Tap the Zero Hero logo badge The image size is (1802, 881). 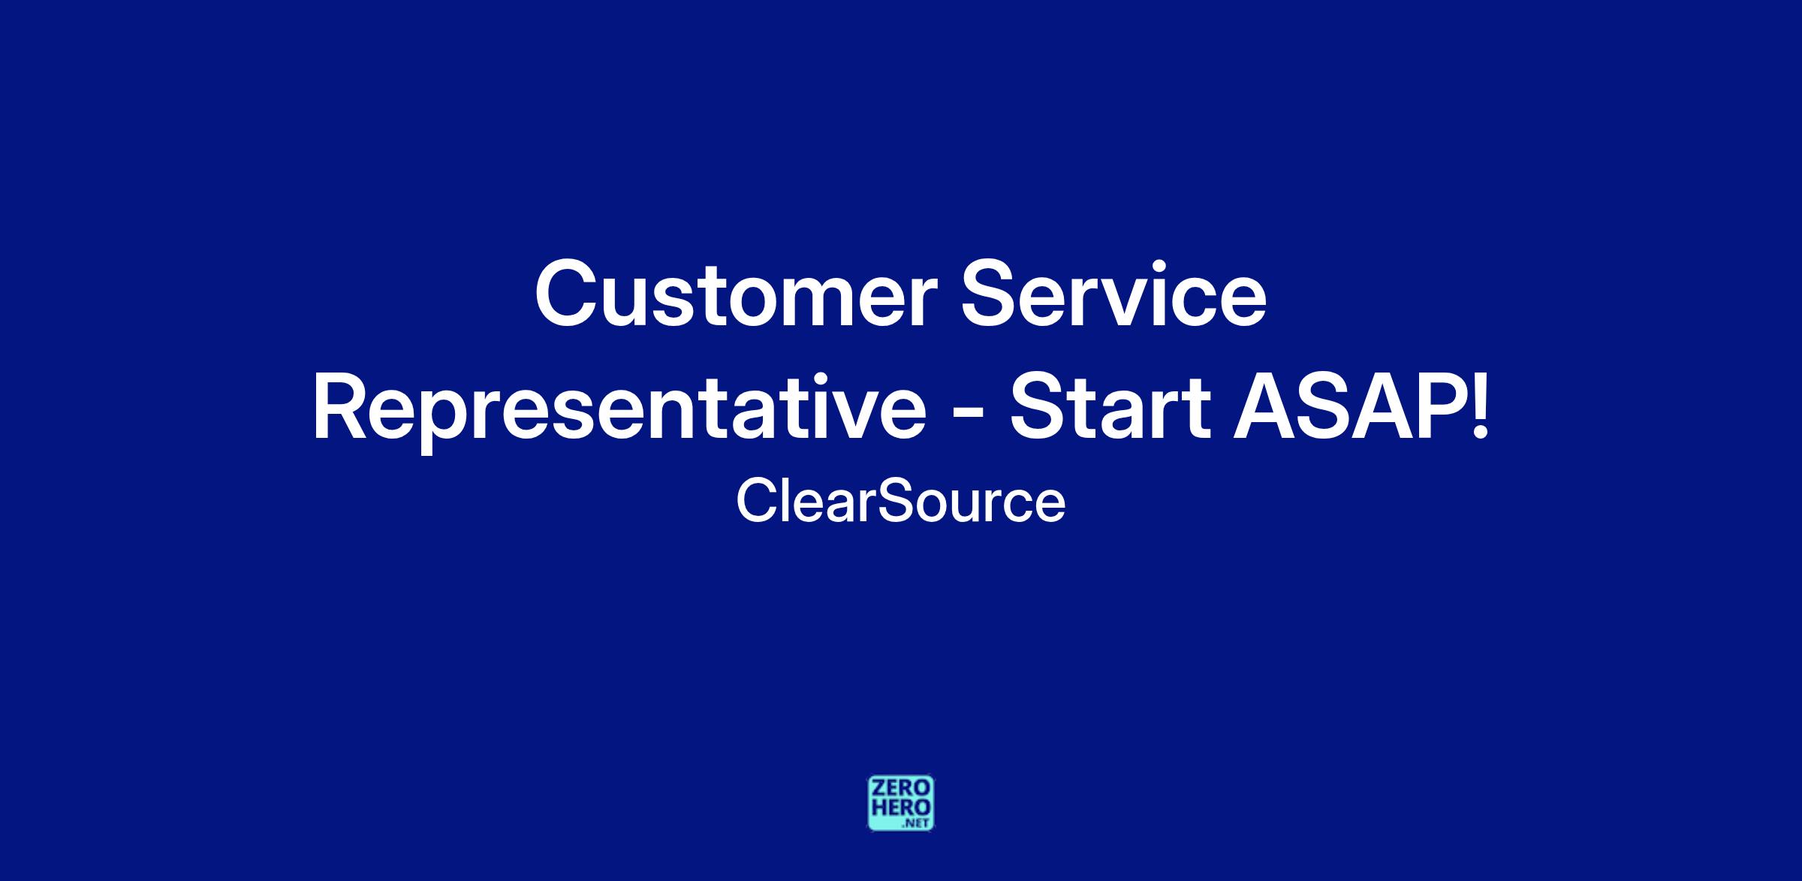901,803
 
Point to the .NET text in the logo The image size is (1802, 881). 918,823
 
